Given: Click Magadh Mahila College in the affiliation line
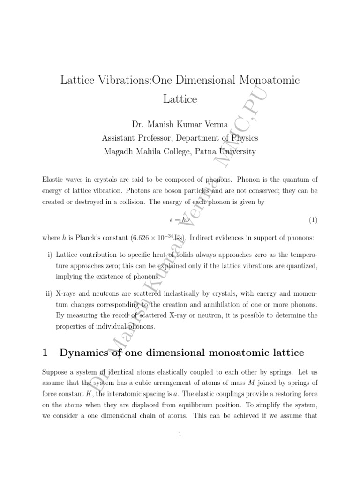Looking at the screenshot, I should (x=146, y=151).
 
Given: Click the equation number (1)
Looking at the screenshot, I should (x=313, y=219).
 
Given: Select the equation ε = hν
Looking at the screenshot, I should (x=180, y=219).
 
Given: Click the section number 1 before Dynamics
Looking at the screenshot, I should (x=45, y=352).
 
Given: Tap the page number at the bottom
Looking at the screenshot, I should (x=180, y=434).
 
